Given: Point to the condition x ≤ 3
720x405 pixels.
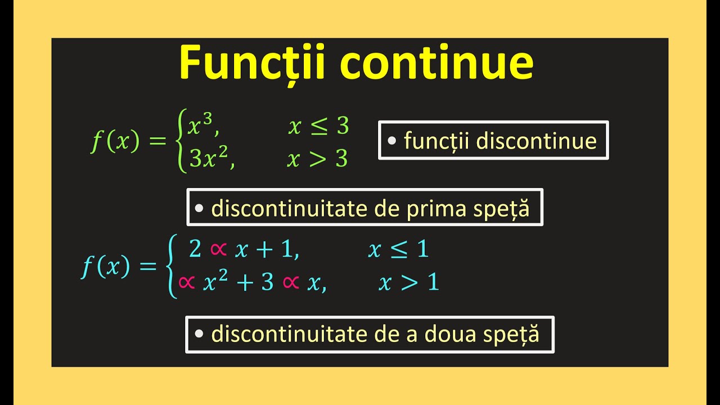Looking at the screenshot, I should point(318,127).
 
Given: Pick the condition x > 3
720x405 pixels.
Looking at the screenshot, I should point(318,160).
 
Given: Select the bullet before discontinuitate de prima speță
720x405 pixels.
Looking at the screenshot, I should point(199,208).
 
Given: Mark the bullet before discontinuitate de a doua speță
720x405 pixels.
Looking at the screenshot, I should point(198,334).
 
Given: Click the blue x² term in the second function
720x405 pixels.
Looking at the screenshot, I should point(213,282).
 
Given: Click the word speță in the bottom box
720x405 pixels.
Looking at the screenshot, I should point(511,335).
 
